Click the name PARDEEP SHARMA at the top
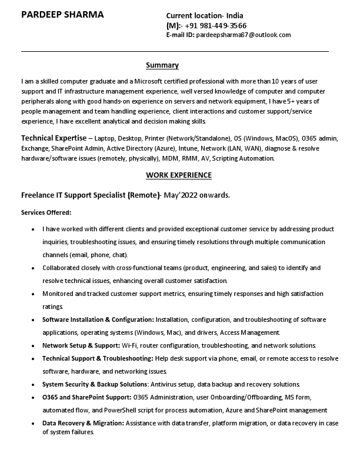pos(62,15)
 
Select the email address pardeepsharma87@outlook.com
pos(243,35)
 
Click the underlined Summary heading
pos(162,65)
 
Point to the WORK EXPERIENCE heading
pos(178,175)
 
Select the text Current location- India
pos(205,15)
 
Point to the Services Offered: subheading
pos(46,212)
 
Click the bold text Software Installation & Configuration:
pos(98,319)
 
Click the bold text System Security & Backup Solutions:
pos(95,384)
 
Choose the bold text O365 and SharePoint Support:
pos(87,397)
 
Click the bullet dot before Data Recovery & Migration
pos(32,424)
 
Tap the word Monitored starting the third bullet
pos(58,294)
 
